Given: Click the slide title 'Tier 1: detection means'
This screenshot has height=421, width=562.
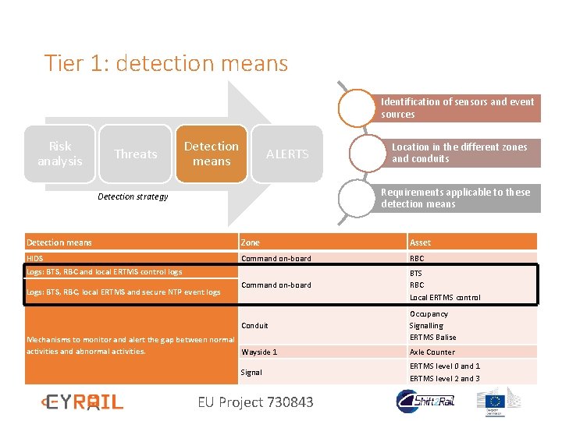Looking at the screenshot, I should pyautogui.click(x=166, y=63).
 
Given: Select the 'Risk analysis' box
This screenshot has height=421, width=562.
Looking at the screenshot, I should pyautogui.click(x=60, y=154).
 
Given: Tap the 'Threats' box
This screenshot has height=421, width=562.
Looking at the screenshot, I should pyautogui.click(x=136, y=154).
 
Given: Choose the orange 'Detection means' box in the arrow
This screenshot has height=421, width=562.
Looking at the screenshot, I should pyautogui.click(x=212, y=154).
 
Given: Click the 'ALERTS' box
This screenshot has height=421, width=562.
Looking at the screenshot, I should pyautogui.click(x=287, y=154).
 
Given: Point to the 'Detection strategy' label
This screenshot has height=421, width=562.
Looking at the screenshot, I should pyautogui.click(x=133, y=196).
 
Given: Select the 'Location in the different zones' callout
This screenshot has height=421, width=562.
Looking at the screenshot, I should pyautogui.click(x=460, y=153).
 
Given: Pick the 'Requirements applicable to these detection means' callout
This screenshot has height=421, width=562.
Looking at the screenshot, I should pyautogui.click(x=456, y=198).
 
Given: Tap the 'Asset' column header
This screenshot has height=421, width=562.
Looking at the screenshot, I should pyautogui.click(x=420, y=242).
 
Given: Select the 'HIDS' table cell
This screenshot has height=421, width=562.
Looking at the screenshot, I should pyautogui.click(x=35, y=258).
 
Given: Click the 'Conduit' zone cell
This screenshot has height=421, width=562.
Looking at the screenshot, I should pyautogui.click(x=254, y=325).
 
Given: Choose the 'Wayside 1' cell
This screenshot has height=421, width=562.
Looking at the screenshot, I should pyautogui.click(x=259, y=352).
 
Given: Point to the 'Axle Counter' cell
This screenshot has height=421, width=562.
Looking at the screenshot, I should pyautogui.click(x=432, y=352).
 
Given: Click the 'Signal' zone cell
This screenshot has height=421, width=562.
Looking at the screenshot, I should pyautogui.click(x=251, y=372).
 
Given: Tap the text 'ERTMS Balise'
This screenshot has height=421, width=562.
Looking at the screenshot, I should pyautogui.click(x=433, y=337).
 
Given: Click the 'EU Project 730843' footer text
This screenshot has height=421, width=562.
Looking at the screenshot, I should pyautogui.click(x=255, y=402).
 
